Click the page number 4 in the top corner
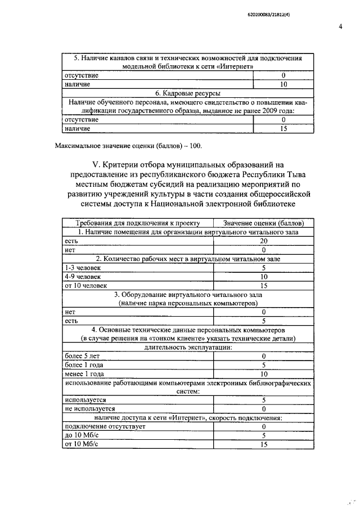340,26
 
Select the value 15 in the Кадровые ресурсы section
283,129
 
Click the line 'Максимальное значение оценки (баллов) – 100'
128,146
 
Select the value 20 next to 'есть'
263,241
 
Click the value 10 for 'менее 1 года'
263,373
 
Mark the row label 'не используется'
91,409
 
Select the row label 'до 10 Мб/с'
82,435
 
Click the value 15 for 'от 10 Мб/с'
263,445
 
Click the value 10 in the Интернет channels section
283,84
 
